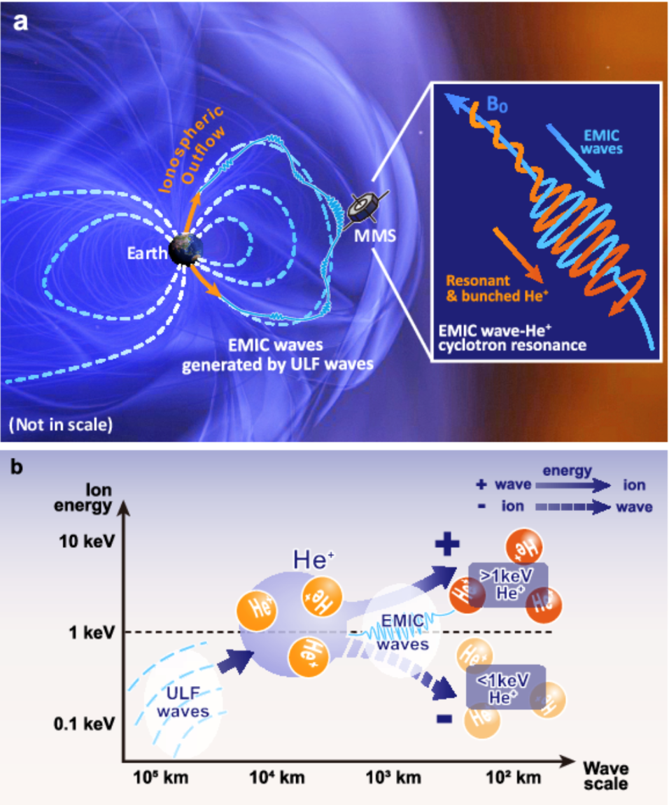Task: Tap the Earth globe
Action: (186, 249)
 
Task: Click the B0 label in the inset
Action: (496, 105)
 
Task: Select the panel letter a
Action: (20, 22)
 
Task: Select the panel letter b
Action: (16, 467)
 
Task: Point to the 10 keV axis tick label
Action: (87, 541)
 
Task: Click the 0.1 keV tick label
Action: (84, 724)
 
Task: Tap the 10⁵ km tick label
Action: (161, 777)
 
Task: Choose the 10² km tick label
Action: (514, 777)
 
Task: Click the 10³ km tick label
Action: (393, 777)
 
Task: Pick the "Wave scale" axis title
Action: (606, 776)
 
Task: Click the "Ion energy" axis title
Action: (83, 498)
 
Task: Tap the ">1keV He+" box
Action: (508, 584)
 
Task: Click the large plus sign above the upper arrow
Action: (446, 544)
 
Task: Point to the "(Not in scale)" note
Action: (61, 425)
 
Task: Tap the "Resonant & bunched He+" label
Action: (497, 288)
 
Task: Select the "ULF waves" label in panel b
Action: (183, 702)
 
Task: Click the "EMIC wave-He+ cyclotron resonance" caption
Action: (512, 337)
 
